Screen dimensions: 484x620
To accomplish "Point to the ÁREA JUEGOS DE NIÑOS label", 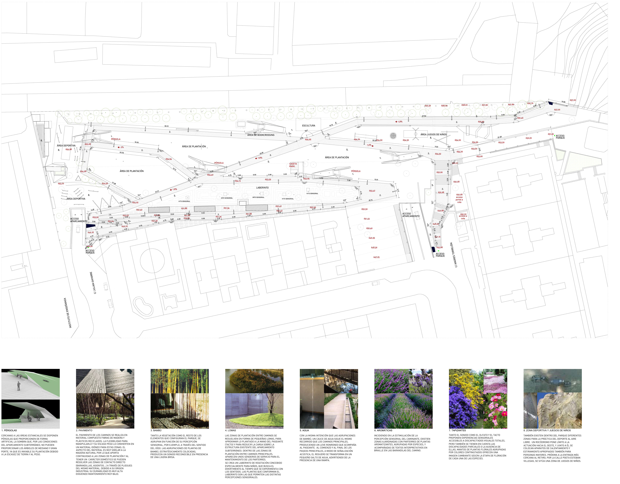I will (x=434, y=134).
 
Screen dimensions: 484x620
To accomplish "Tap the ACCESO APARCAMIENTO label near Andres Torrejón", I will (x=411, y=215).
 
